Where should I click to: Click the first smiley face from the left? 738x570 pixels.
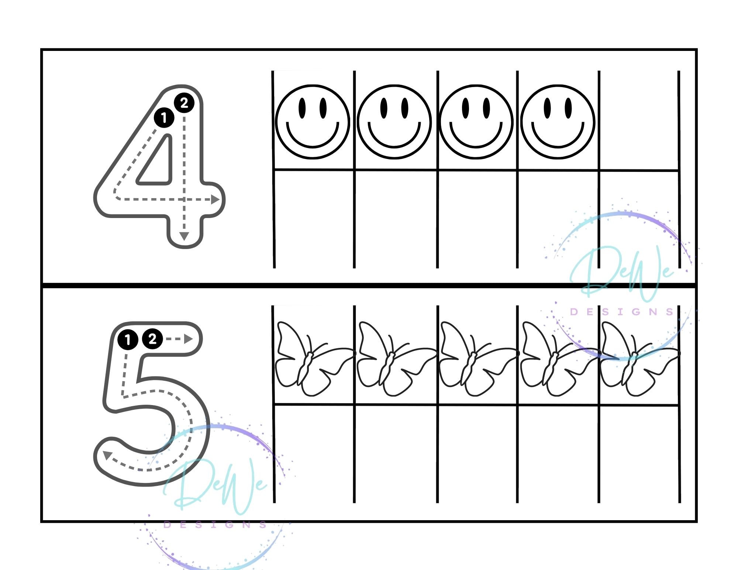[x=312, y=122]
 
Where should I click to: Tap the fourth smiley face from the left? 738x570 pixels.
[x=558, y=122]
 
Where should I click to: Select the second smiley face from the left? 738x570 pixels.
[x=394, y=122]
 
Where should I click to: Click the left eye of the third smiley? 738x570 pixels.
[x=466, y=108]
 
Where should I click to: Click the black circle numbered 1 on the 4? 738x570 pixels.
[x=164, y=118]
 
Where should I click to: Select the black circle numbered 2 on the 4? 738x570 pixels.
[x=184, y=103]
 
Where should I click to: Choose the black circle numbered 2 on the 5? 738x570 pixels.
[x=152, y=339]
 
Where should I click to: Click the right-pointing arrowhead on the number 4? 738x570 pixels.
[x=215, y=200]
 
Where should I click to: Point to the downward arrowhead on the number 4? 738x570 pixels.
[x=184, y=236]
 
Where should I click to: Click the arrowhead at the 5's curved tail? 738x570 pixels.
[x=107, y=456]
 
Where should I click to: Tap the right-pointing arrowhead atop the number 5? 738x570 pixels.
[x=189, y=339]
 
